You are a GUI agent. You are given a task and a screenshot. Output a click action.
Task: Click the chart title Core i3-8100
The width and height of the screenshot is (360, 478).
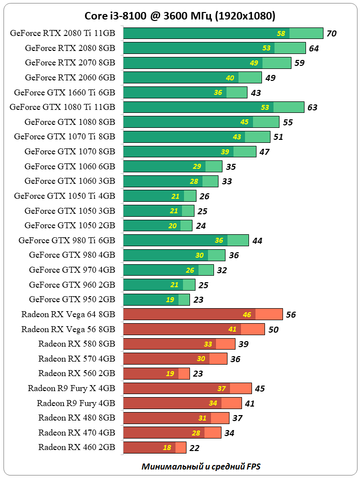click(x=180, y=15)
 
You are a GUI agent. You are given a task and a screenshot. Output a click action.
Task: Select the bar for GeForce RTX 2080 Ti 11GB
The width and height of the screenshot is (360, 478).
click(x=200, y=33)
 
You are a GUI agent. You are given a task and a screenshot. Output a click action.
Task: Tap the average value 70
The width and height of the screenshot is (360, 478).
click(x=331, y=33)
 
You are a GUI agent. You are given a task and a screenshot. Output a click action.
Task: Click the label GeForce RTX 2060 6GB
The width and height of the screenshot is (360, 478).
click(x=70, y=77)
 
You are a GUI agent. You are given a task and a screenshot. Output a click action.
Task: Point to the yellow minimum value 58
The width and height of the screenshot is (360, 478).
click(x=281, y=33)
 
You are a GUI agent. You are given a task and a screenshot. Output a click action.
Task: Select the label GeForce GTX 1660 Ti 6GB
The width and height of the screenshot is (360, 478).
click(x=64, y=92)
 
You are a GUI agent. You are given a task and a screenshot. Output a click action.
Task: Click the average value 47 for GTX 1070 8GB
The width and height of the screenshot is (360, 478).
click(x=264, y=151)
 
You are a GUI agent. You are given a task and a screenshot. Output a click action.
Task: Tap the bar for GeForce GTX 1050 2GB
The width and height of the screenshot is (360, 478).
click(x=150, y=225)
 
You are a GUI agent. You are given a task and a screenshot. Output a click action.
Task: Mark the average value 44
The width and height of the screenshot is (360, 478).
click(x=257, y=240)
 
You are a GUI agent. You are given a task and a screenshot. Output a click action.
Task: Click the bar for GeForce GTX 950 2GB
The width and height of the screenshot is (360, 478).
click(x=150, y=299)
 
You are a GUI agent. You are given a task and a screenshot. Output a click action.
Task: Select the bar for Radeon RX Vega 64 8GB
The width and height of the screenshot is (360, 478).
click(x=190, y=314)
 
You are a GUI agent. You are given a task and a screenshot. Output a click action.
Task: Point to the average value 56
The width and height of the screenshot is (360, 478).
click(x=291, y=314)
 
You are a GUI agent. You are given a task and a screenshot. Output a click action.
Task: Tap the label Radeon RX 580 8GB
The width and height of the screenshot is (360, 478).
click(x=76, y=344)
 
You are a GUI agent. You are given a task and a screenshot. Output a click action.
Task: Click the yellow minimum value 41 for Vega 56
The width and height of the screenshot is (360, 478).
click(x=232, y=329)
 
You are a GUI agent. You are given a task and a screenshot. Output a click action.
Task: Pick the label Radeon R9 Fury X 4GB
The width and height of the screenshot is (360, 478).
click(x=71, y=388)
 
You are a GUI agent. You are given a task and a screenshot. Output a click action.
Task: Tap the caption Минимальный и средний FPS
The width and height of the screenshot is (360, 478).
click(x=201, y=467)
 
